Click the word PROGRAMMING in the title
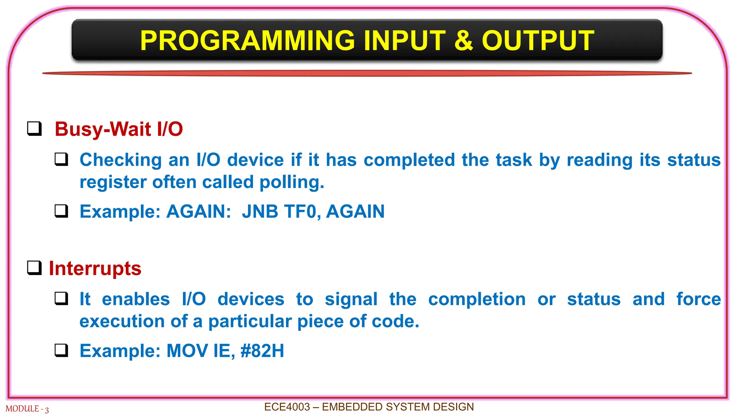point(248,41)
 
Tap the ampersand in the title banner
point(464,41)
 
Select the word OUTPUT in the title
point(538,41)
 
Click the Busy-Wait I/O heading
point(119,129)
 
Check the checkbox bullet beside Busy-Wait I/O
point(34,129)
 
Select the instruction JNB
point(260,211)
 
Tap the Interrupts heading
point(95,268)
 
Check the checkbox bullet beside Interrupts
point(34,268)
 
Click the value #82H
point(262,351)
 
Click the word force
point(698,299)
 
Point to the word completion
point(477,299)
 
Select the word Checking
point(120,160)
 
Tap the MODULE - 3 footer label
point(27,409)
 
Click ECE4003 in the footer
point(287,407)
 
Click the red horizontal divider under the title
point(367,73)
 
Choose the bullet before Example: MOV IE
point(61,350)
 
